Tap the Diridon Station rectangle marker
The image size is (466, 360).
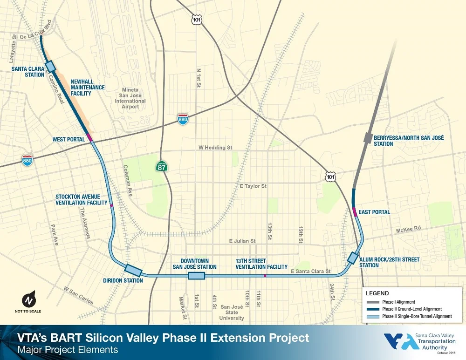pos(133,270)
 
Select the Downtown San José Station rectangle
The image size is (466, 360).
pos(196,276)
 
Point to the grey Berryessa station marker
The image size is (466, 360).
pos(368,138)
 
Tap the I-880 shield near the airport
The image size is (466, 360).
pos(183,119)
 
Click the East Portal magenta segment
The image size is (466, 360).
pos(356,212)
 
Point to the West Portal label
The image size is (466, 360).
pos(69,139)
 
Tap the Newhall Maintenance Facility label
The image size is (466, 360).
pos(87,88)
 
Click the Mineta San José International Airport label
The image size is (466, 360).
pos(130,98)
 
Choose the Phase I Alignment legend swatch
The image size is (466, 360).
pos(373,302)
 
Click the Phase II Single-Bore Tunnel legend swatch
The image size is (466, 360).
pos(373,316)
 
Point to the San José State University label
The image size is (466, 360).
pos(232,312)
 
